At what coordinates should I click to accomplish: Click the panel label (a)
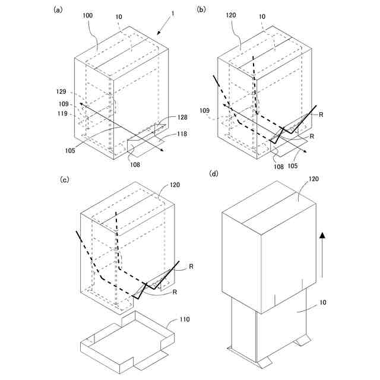pyautogui.click(x=58, y=9)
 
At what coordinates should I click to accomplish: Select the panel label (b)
pyautogui.click(x=202, y=9)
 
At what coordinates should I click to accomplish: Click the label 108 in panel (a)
pyautogui.click(x=136, y=164)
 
